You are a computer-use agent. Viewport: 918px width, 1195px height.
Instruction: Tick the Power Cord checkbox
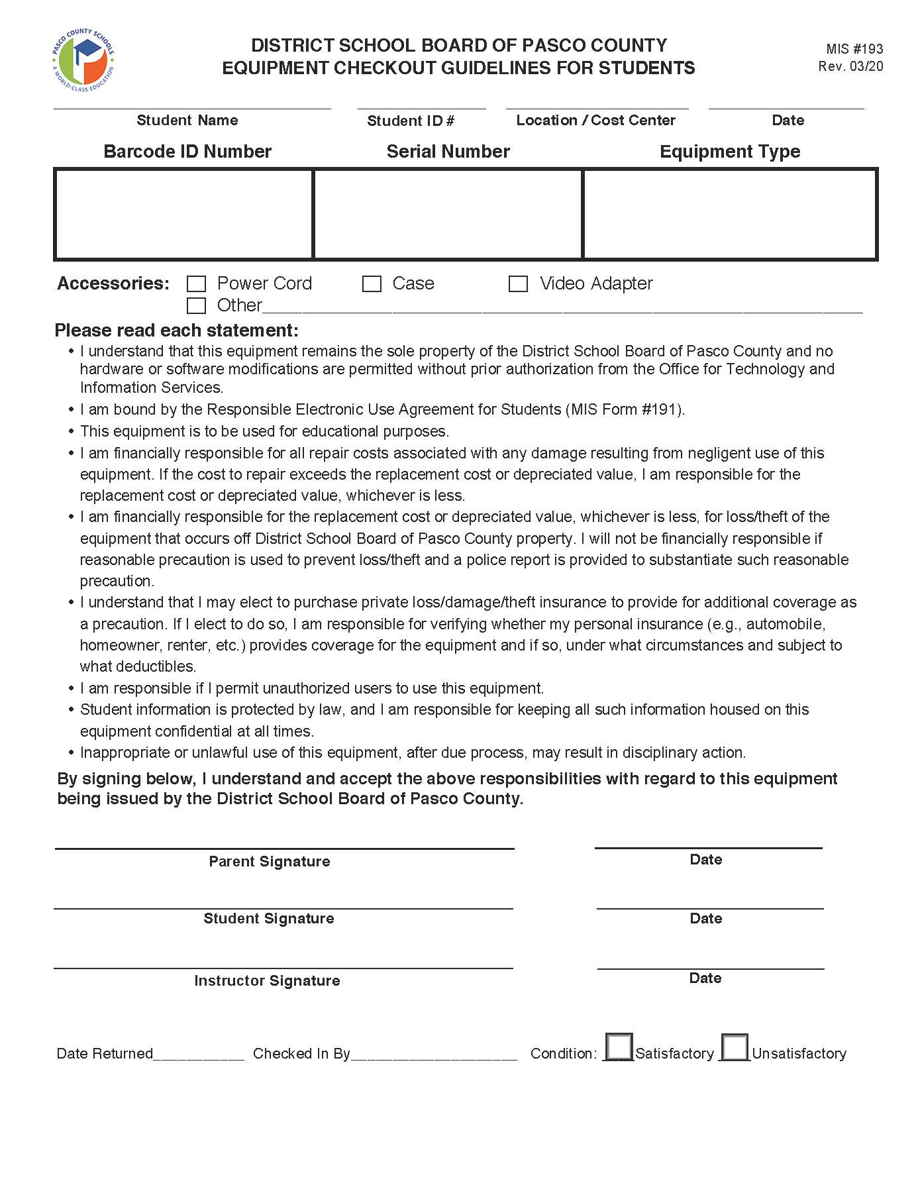pyautogui.click(x=197, y=284)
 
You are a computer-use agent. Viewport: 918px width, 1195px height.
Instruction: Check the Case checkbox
pyautogui.click(x=372, y=284)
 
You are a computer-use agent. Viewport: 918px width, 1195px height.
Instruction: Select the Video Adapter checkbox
pyautogui.click(x=518, y=284)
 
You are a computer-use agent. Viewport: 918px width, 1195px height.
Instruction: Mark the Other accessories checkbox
pyautogui.click(x=197, y=305)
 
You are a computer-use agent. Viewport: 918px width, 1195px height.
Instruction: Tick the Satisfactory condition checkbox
pyautogui.click(x=619, y=1047)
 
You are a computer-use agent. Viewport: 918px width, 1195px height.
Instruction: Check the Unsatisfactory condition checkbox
pyautogui.click(x=735, y=1047)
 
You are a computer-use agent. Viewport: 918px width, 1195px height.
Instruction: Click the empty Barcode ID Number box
pyautogui.click(x=183, y=214)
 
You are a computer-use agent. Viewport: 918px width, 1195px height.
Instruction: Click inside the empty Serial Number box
pyautogui.click(x=448, y=214)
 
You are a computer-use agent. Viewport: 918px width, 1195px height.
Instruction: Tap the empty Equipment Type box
pyautogui.click(x=730, y=214)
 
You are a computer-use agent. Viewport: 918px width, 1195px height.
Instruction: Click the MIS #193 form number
pyautogui.click(x=854, y=49)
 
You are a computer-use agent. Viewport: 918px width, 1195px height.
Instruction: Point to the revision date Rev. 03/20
pyautogui.click(x=850, y=66)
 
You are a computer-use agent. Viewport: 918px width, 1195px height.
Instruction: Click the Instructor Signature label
pyautogui.click(x=267, y=981)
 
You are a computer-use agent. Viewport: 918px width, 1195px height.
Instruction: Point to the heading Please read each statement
pyautogui.click(x=177, y=331)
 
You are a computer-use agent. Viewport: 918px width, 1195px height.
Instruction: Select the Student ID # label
pyautogui.click(x=411, y=121)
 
